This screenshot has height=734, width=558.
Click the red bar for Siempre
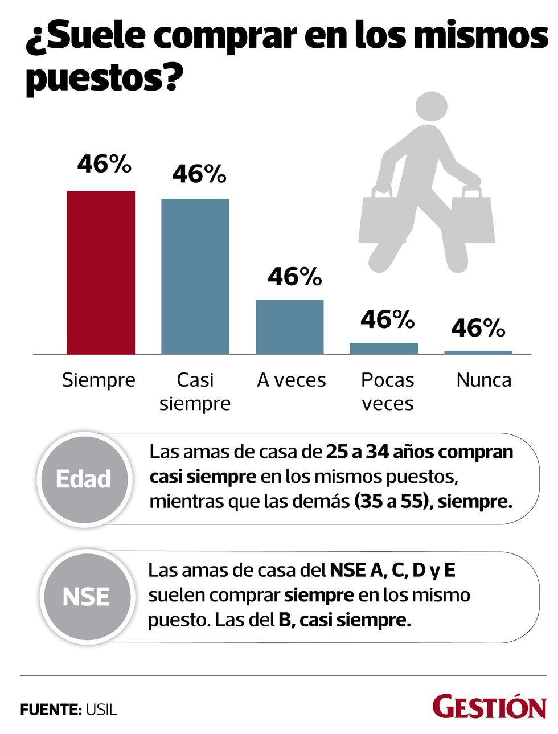101,272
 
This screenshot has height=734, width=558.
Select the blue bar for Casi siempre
195,276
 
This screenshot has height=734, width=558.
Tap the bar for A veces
289,327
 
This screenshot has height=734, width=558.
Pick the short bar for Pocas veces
384,348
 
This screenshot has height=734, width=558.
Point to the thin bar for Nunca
478,352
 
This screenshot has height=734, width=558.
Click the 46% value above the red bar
104,165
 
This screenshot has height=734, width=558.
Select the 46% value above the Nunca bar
478,328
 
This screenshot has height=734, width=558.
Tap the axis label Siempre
99,380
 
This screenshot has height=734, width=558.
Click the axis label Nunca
483,380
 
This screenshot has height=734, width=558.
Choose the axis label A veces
291,380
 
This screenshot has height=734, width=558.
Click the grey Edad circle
84,479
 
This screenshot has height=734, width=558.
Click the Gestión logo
489,707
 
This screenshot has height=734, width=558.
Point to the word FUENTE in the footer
50,710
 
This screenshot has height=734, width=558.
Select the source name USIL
101,710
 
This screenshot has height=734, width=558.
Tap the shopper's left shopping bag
379,219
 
